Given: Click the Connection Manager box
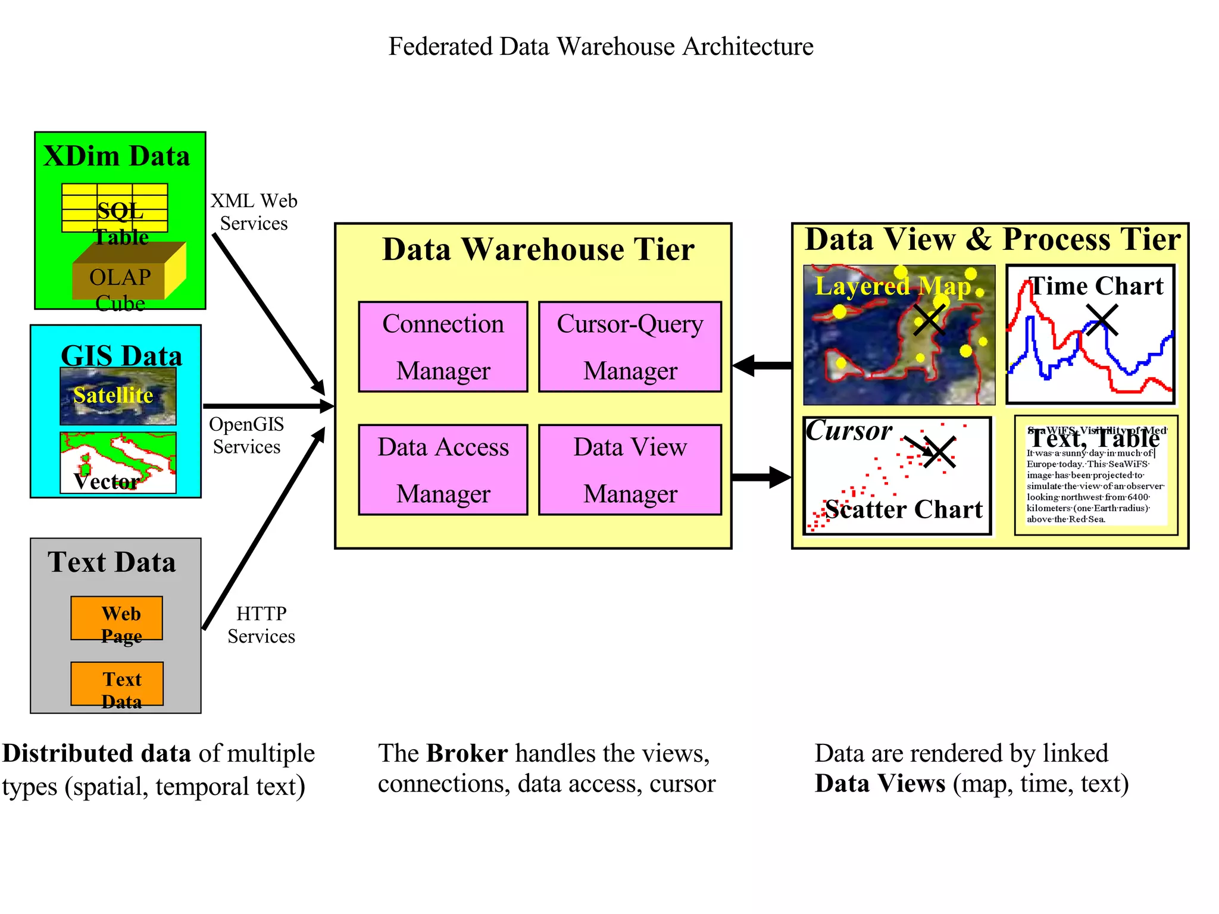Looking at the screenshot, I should [x=443, y=346].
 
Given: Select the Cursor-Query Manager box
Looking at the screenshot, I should [x=630, y=346].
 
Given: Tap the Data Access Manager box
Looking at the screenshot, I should [x=443, y=469].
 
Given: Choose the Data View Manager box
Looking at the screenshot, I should [x=630, y=469].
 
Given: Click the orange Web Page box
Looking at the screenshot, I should [x=117, y=618].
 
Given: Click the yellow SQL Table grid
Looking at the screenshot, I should [x=114, y=208].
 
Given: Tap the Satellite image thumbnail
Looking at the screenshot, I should [x=118, y=396].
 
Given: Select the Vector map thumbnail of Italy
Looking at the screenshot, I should [x=118, y=462].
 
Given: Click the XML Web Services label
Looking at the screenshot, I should [x=254, y=212].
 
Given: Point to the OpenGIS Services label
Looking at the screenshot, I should [x=246, y=435].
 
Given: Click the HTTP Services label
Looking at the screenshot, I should [x=261, y=624].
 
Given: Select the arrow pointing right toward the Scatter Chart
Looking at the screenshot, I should [x=762, y=477].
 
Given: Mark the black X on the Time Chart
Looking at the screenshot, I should [x=1102, y=320].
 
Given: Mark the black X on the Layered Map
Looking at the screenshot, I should [x=929, y=319].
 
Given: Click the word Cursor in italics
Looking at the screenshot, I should [x=849, y=430].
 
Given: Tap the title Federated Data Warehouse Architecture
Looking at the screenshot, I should [x=601, y=46].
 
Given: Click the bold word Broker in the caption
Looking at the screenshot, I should [x=467, y=753].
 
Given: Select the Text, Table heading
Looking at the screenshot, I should [x=1094, y=439].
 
